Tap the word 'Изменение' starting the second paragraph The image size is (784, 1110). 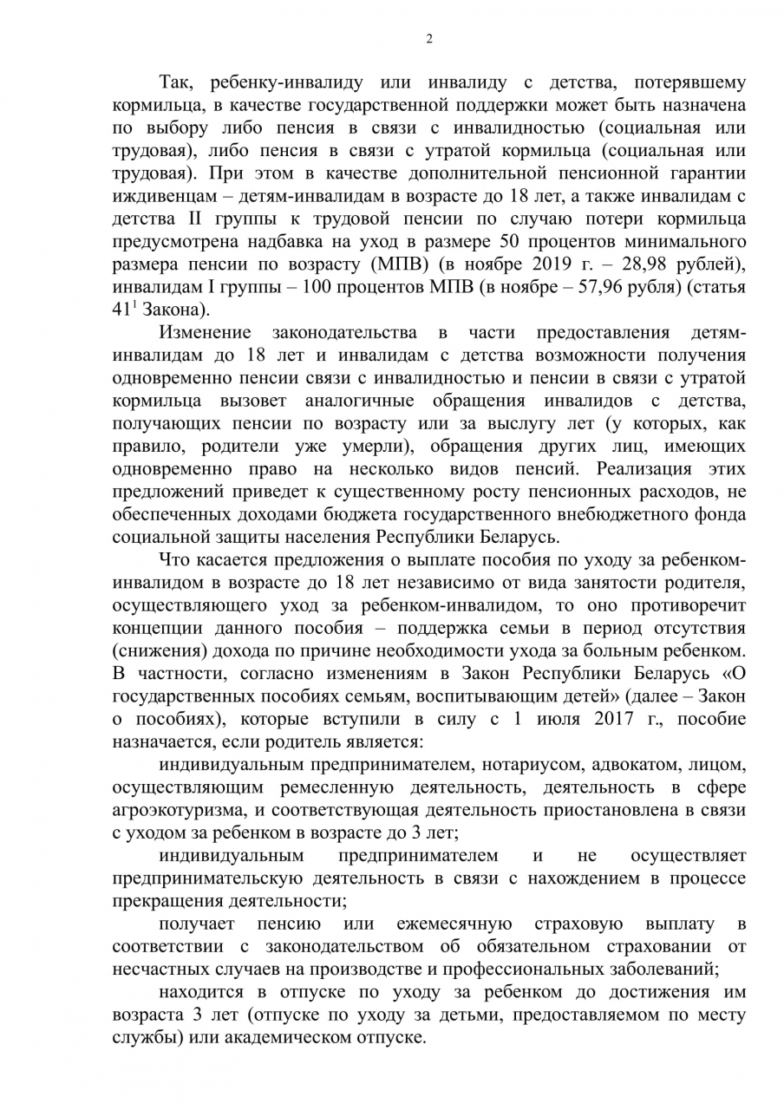205,332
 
